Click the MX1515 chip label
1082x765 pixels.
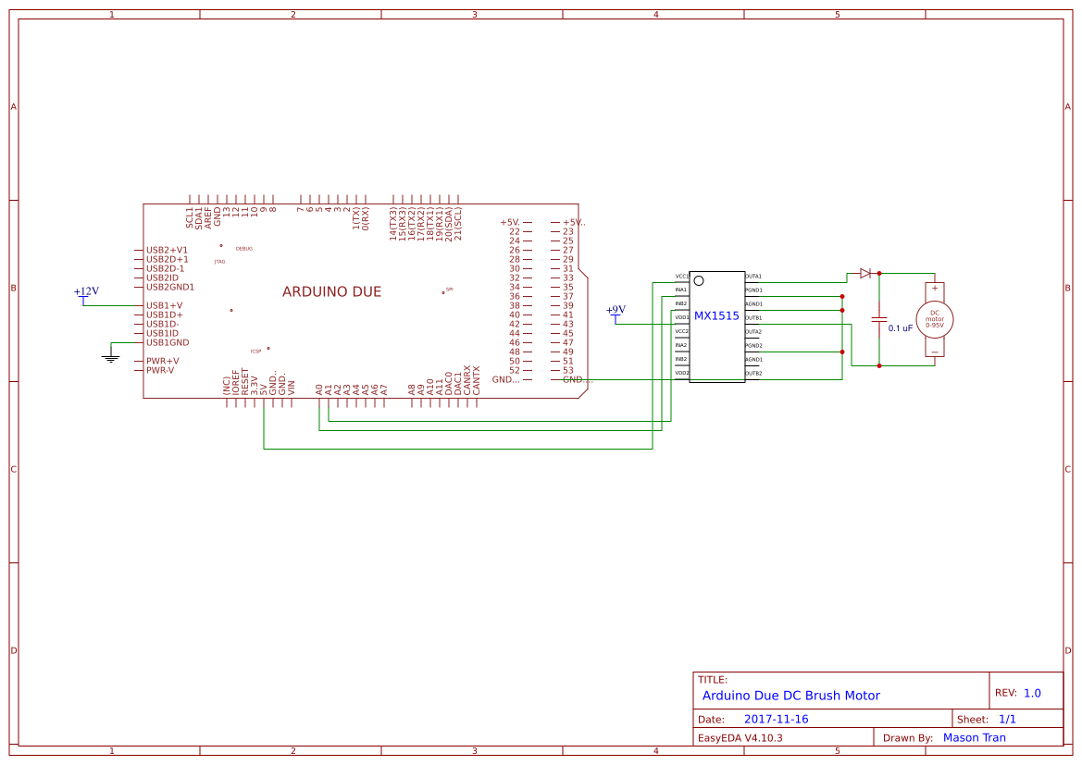pyautogui.click(x=716, y=315)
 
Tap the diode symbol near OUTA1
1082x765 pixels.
pyautogui.click(x=865, y=273)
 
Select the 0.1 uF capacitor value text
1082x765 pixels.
pyautogui.click(x=901, y=327)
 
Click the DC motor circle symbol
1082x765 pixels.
pyautogui.click(x=935, y=319)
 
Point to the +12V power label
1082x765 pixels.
pyautogui.click(x=86, y=291)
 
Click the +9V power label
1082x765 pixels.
pyautogui.click(x=616, y=310)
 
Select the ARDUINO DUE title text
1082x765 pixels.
pyautogui.click(x=331, y=291)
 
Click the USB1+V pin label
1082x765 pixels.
pyautogui.click(x=164, y=305)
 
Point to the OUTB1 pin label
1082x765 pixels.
pyautogui.click(x=753, y=317)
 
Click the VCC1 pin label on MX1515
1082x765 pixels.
pyautogui.click(x=681, y=276)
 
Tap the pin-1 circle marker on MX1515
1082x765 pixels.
pyautogui.click(x=699, y=280)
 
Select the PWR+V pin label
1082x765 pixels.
pyautogui.click(x=162, y=361)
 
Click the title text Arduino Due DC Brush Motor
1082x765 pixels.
pyautogui.click(x=790, y=696)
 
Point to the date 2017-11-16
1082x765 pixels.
pyautogui.click(x=776, y=719)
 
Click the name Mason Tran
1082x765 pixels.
pyautogui.click(x=974, y=737)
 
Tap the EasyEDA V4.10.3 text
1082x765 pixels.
pyautogui.click(x=740, y=737)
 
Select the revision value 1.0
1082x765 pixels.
pyautogui.click(x=1032, y=693)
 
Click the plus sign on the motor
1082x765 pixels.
pyautogui.click(x=935, y=289)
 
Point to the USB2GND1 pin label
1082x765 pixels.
pyautogui.click(x=170, y=287)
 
